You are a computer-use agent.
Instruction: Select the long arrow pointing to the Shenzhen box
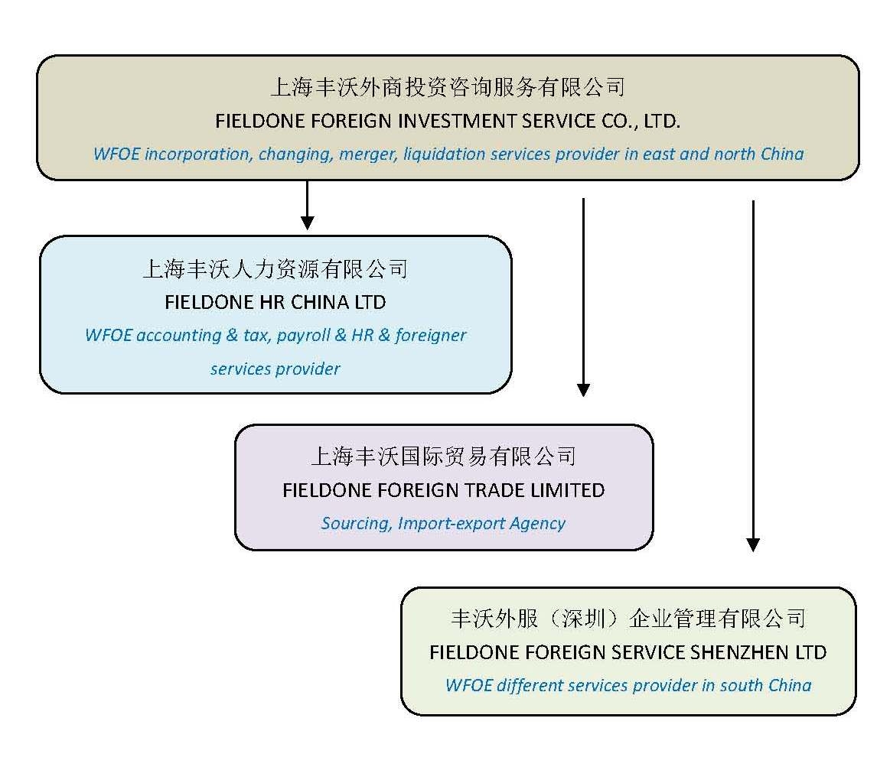click(753, 375)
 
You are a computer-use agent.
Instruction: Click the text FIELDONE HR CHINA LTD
click(275, 302)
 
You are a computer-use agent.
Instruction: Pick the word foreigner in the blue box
click(431, 335)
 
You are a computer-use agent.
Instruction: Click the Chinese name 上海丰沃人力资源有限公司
click(275, 269)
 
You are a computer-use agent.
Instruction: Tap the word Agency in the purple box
click(540, 524)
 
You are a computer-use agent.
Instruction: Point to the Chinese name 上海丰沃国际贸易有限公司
click(443, 457)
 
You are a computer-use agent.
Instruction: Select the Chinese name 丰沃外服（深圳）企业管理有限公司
click(628, 619)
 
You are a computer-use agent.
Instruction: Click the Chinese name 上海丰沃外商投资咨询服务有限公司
click(448, 87)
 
